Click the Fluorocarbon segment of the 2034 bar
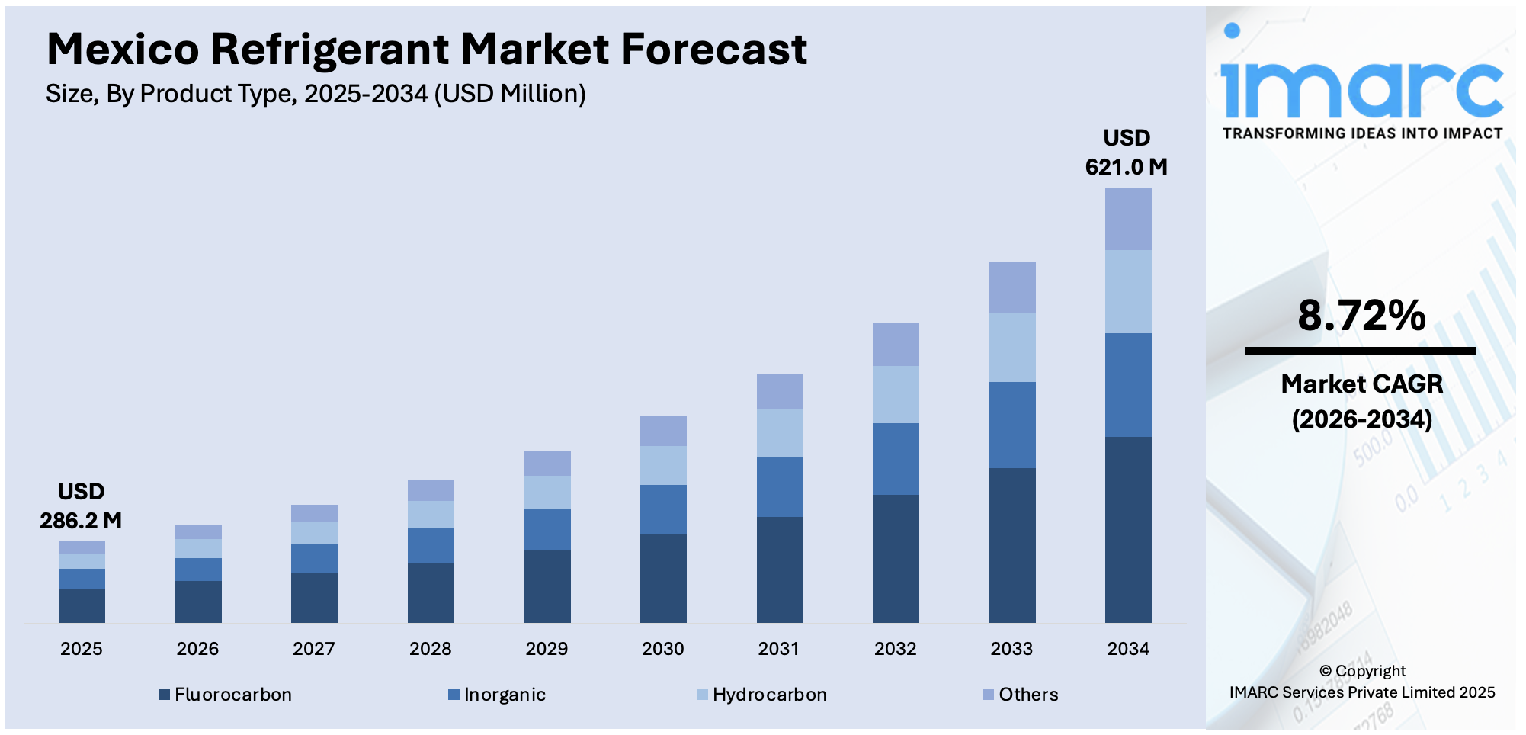1128,529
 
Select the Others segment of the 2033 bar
1012,287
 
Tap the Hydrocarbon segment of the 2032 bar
896,394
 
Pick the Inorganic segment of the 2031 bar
780,486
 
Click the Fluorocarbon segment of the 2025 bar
82,605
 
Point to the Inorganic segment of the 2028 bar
431,545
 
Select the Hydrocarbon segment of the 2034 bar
1128,291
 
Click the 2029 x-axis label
547,649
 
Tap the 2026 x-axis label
197,649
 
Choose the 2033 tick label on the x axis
1011,649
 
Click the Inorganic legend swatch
454,695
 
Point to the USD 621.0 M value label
1127,152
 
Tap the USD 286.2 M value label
81,506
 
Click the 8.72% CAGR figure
1361,316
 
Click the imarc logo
1361,84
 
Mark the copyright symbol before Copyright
1326,671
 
